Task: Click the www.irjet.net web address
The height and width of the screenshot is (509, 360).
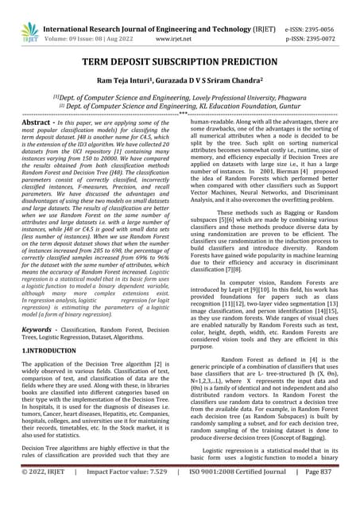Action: coord(183,25)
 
